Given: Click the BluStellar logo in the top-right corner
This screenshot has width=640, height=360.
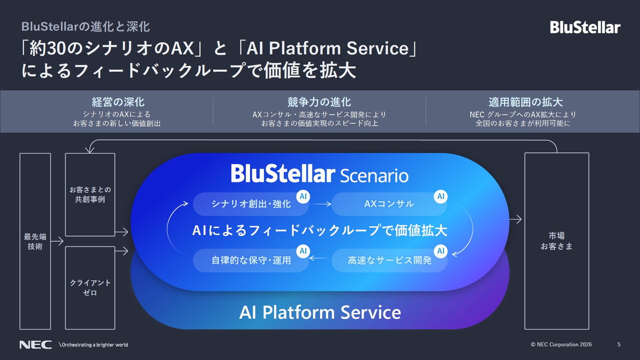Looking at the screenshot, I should point(585,27).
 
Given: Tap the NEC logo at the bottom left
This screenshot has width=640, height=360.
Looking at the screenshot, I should point(35,345).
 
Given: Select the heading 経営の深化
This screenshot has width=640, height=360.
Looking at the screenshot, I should point(118,102).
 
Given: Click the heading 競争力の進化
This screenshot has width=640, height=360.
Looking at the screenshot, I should point(319,102).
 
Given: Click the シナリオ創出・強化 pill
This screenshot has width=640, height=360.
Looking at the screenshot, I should point(244,204).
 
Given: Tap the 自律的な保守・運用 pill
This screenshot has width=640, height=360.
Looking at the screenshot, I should point(244,261).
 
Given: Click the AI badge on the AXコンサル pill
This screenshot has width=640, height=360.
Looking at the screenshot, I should point(441,196).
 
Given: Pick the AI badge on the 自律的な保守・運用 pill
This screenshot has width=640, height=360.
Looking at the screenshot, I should point(303,250).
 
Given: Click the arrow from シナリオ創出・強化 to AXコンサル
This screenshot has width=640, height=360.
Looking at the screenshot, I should point(320,204).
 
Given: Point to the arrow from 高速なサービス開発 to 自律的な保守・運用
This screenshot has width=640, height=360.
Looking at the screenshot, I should point(320,260).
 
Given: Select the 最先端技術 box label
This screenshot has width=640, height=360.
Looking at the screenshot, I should point(35,241).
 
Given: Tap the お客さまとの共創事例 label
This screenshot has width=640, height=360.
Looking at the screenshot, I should point(90,195).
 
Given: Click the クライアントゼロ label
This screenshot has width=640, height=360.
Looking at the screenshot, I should point(90,289).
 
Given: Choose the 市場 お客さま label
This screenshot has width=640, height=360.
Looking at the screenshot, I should point(556,241).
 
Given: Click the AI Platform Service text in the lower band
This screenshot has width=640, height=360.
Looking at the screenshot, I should point(320,312).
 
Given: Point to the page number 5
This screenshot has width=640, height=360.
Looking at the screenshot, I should point(619,345).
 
